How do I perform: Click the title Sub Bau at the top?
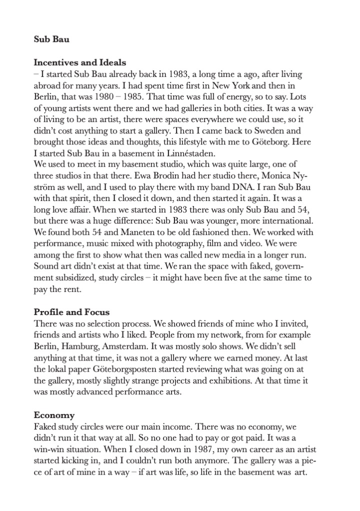pos(51,39)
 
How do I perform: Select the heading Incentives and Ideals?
pos(80,63)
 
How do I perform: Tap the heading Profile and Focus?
pos(71,312)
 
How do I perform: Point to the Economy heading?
pos(54,415)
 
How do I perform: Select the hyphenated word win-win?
pos(52,448)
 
